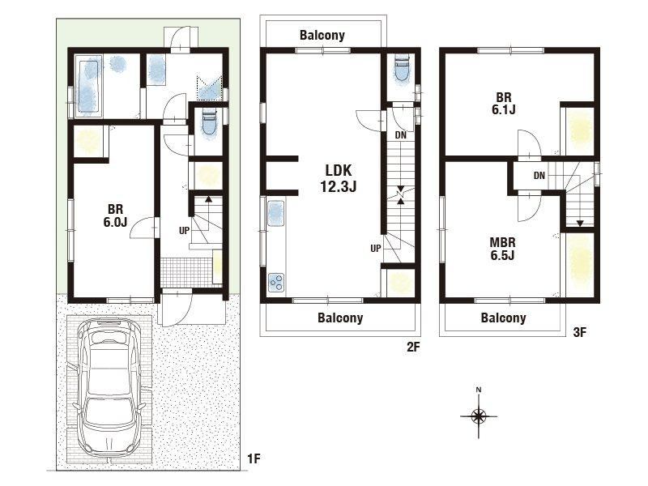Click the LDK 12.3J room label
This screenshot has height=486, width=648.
(x=338, y=178)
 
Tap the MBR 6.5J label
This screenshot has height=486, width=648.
(x=502, y=249)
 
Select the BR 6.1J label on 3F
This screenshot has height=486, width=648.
(x=503, y=104)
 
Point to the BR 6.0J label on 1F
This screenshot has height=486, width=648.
(x=115, y=215)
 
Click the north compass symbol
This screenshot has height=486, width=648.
(x=479, y=415)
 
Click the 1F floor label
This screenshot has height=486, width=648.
(x=254, y=458)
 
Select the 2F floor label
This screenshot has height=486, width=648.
(x=413, y=347)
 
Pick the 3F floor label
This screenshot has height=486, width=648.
(x=579, y=332)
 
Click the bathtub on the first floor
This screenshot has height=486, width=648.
(x=88, y=87)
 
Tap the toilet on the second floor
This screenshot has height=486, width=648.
(x=402, y=70)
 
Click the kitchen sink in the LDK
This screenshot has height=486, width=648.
(x=276, y=213)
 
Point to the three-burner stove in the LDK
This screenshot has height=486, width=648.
(x=276, y=283)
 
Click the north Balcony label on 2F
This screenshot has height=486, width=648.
(x=322, y=35)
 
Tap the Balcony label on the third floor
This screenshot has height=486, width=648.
(x=503, y=318)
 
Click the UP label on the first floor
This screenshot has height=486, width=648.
(x=185, y=231)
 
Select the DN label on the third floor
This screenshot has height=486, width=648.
(x=539, y=176)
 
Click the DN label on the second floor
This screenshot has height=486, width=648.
(x=400, y=135)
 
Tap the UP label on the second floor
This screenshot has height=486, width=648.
(x=376, y=249)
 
